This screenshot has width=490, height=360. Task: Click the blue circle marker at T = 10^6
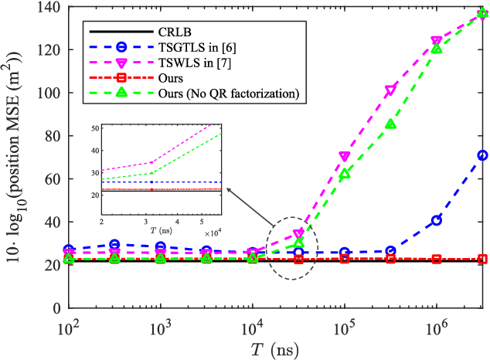pyautogui.click(x=437, y=220)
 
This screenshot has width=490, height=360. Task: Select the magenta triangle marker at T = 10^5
pyautogui.click(x=345, y=157)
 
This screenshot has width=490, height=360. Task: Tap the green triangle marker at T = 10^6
pyautogui.click(x=437, y=49)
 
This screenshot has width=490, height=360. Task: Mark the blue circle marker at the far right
pyautogui.click(x=482, y=155)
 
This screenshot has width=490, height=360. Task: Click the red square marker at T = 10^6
pyautogui.click(x=437, y=260)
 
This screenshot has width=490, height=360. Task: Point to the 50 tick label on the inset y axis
pyautogui.click(x=95, y=127)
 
